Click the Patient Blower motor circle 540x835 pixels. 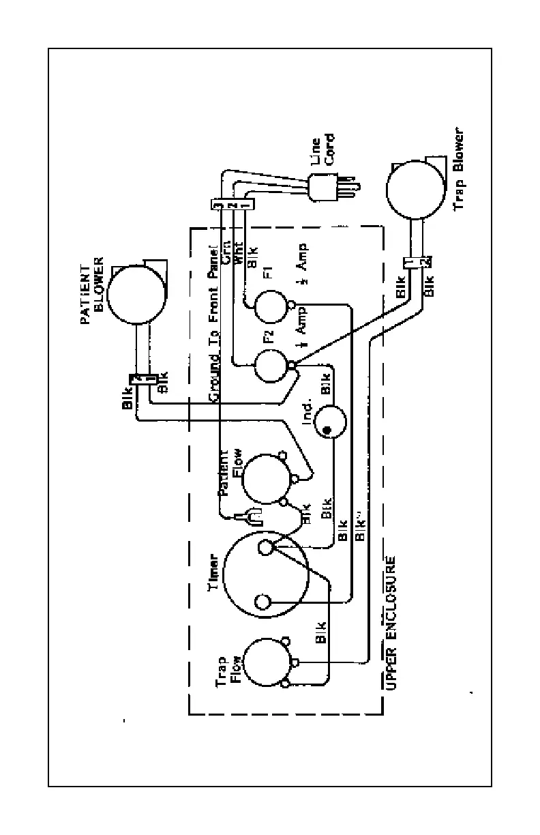pos(136,293)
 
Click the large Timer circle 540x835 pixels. pos(265,576)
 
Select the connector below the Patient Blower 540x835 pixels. pos(147,379)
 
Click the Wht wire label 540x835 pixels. pos(238,254)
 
